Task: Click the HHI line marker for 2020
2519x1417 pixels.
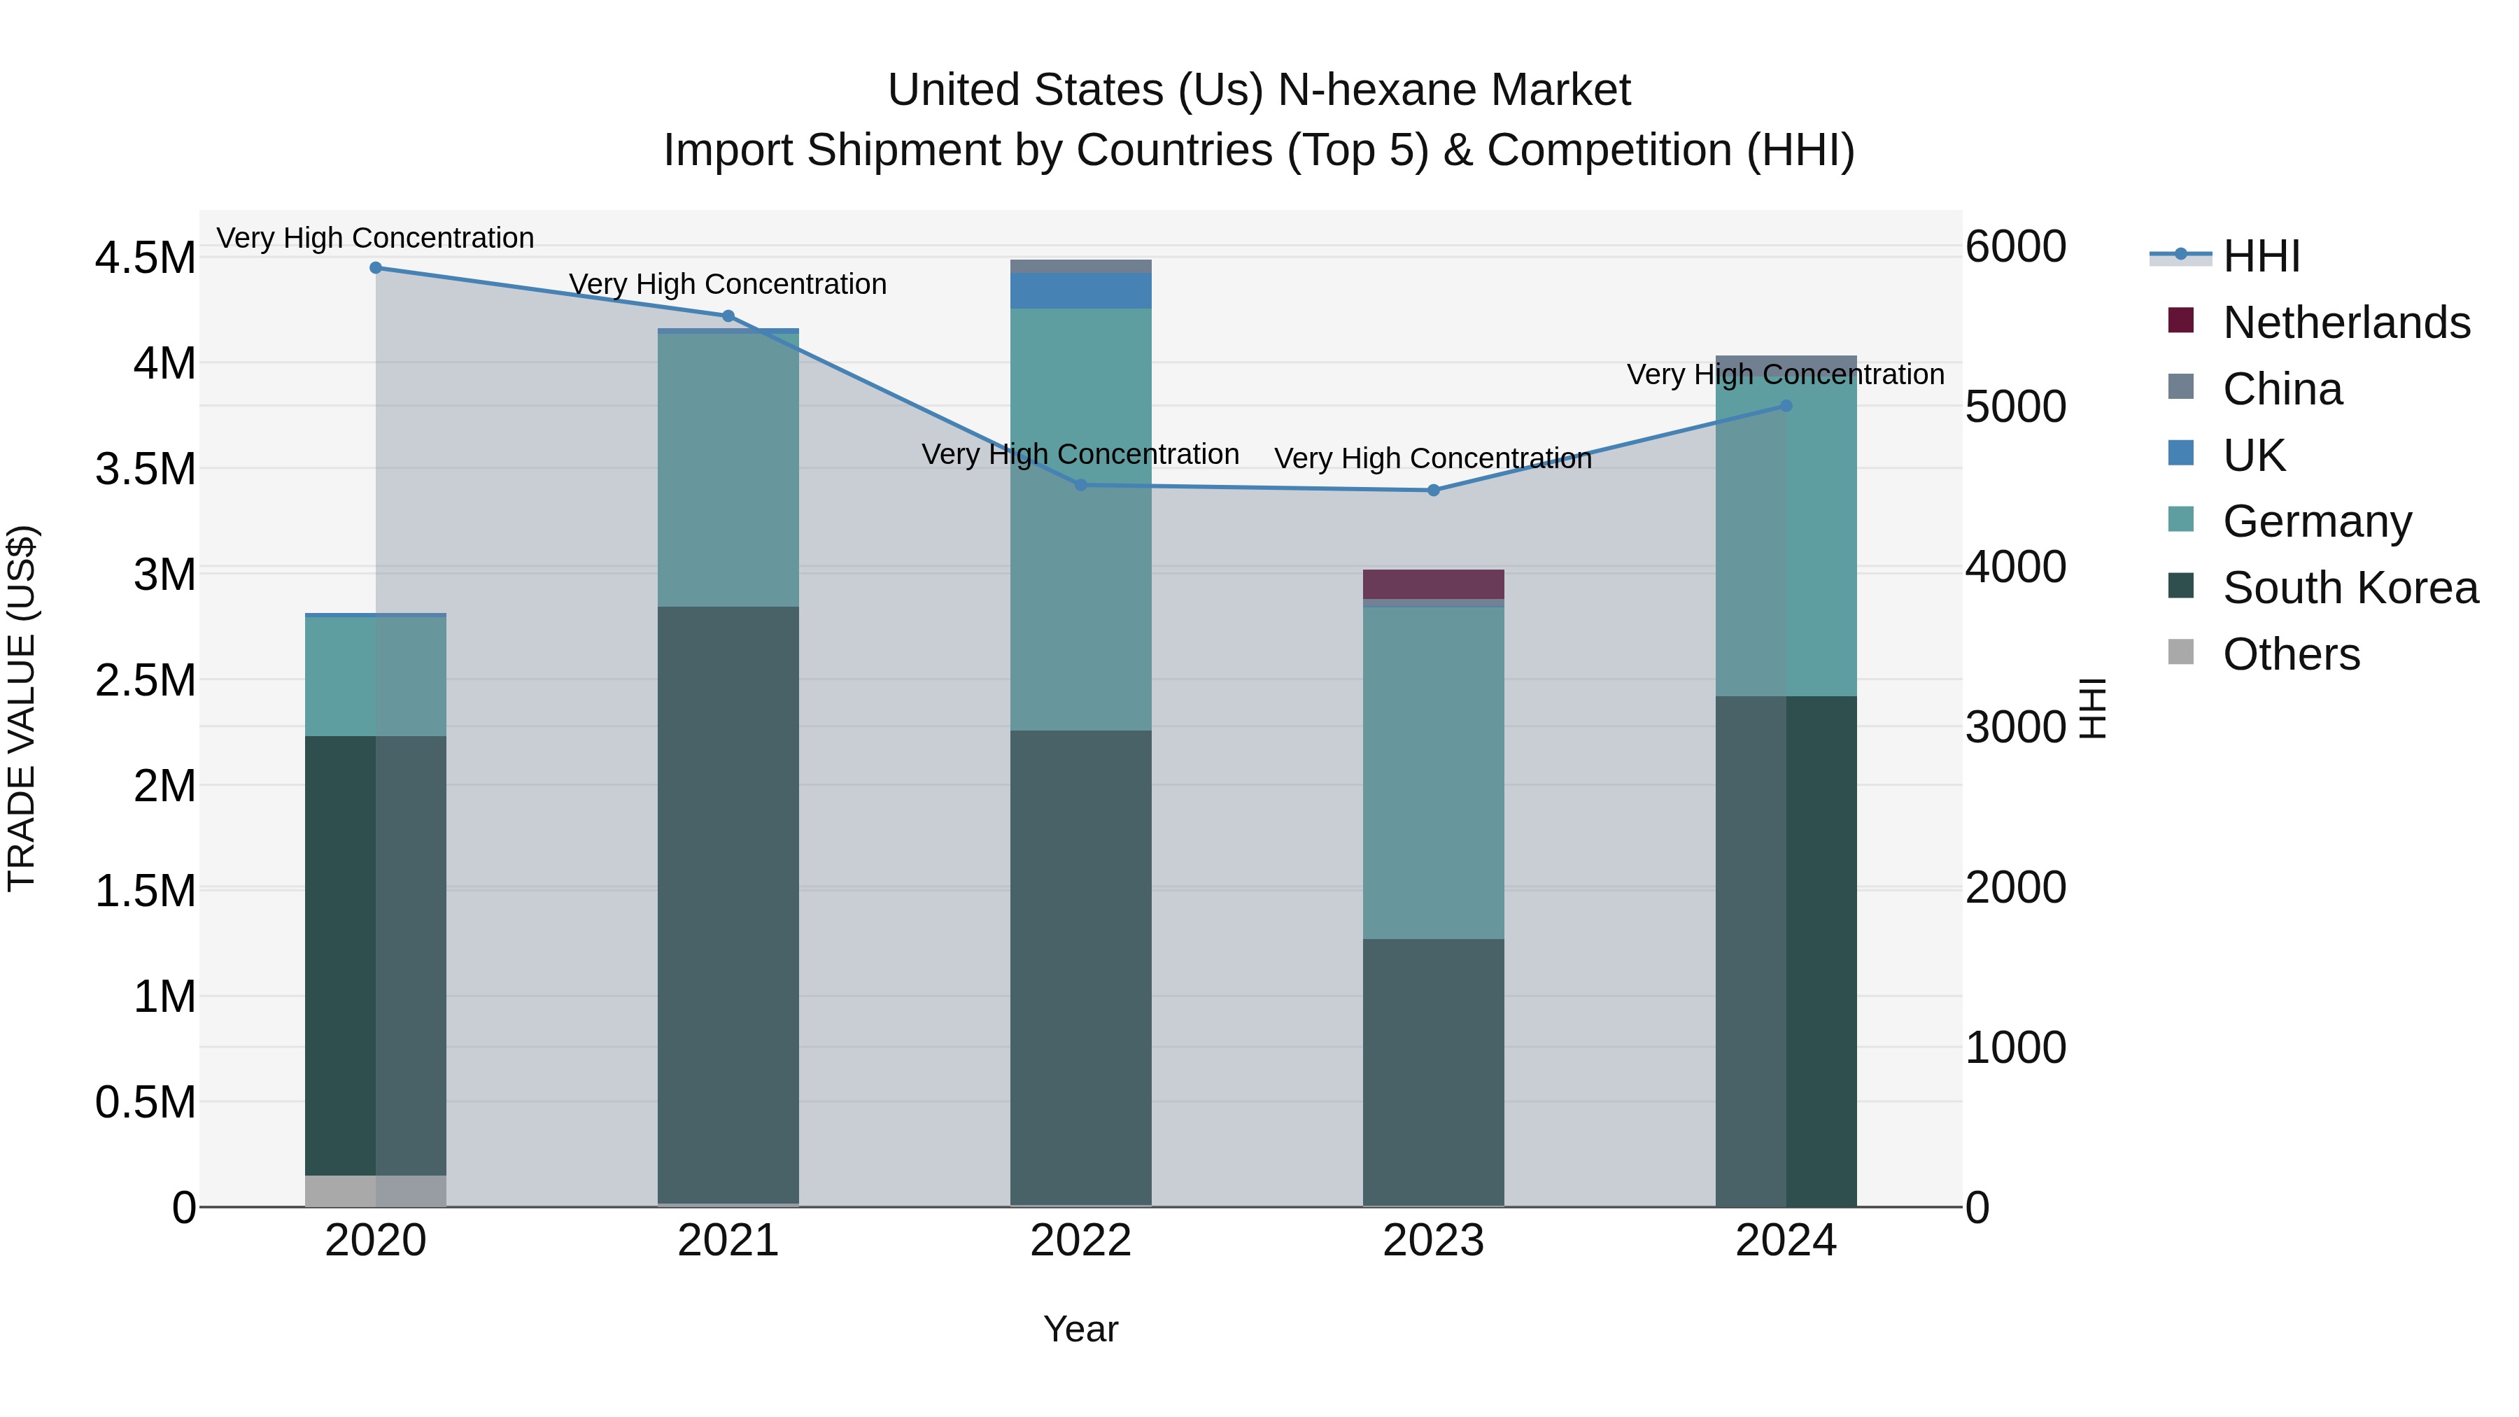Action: pos(376,267)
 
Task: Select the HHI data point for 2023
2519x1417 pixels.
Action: pos(1434,490)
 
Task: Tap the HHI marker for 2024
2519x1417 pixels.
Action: pos(1786,405)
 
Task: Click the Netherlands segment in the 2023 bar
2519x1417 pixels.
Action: pos(1434,584)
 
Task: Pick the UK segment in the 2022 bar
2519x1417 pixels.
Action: pos(1080,290)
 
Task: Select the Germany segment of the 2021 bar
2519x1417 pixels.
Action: pos(728,470)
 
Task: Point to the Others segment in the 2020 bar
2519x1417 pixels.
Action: pos(376,1190)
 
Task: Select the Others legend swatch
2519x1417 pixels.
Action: pos(2180,652)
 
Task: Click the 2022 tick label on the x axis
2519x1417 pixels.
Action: pos(1080,1241)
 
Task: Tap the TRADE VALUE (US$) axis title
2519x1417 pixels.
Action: pos(22,708)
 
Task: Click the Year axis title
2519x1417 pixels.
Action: pos(1080,1329)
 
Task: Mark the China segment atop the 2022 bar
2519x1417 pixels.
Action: pos(1080,266)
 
